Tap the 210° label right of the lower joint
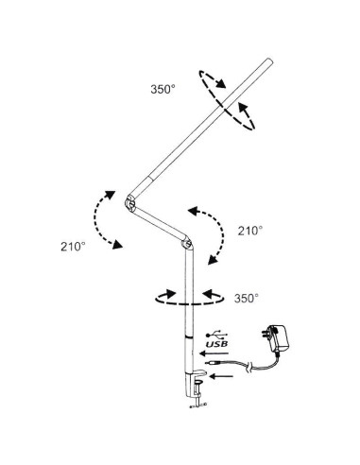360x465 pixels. (249, 230)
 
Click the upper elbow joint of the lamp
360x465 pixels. (129, 202)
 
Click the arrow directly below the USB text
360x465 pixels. (214, 355)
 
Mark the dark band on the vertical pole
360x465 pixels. (189, 336)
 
